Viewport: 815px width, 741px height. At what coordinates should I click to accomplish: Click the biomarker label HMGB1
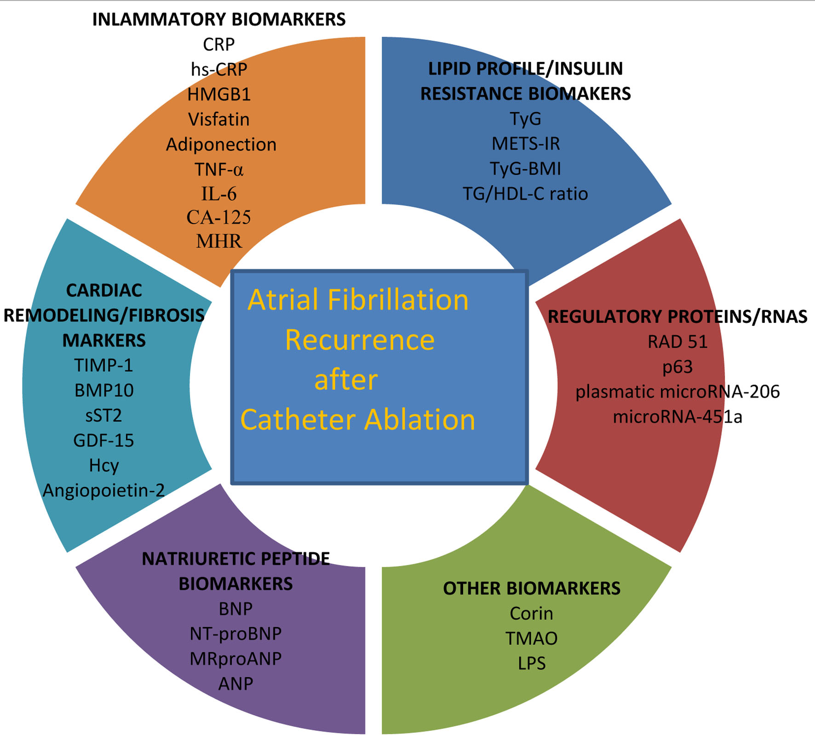(219, 94)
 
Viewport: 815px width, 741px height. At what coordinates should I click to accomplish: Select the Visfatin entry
(219, 119)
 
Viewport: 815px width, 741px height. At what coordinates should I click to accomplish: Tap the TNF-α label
(219, 170)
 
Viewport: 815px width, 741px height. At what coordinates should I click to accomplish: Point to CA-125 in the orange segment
(219, 217)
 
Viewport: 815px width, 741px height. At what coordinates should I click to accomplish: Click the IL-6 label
(219, 194)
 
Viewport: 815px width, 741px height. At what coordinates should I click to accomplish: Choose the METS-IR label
(526, 144)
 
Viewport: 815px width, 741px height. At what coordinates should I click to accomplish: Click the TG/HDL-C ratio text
(525, 194)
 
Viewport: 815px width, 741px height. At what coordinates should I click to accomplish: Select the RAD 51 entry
(677, 342)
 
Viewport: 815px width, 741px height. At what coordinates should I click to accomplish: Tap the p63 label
(677, 367)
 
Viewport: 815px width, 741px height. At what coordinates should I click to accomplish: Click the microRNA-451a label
(677, 417)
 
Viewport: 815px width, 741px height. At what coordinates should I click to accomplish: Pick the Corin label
(531, 613)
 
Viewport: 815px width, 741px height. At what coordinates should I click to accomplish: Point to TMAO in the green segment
(531, 639)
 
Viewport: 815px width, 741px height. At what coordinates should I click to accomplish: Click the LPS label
(532, 663)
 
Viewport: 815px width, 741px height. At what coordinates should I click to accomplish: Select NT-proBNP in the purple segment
(235, 634)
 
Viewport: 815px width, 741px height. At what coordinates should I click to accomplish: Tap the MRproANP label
(235, 659)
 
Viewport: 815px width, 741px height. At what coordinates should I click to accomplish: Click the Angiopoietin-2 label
(103, 491)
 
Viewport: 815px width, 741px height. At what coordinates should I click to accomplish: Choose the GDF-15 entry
(103, 441)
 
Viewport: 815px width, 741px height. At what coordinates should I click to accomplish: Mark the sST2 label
(103, 415)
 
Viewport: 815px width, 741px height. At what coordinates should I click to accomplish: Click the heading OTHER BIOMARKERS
(532, 588)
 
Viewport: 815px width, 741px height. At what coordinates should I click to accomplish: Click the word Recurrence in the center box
(360, 340)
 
